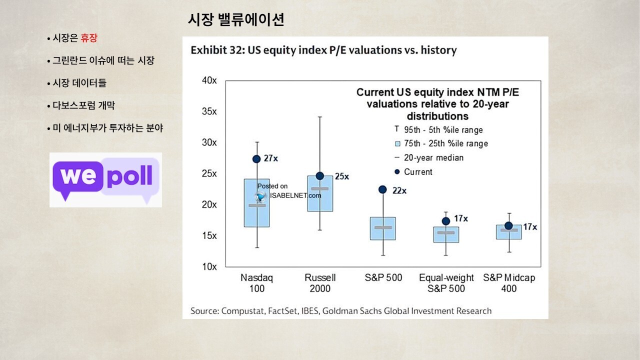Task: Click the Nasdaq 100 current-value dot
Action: tap(256, 159)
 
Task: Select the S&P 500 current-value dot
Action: tap(382, 189)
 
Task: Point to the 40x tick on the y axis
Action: tap(209, 80)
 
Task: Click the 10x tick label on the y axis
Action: tap(209, 266)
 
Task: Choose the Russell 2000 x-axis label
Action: tap(320, 283)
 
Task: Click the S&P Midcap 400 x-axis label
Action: tap(508, 283)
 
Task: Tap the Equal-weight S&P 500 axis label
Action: tap(445, 283)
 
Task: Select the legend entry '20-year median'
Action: tap(433, 157)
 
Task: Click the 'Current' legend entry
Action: tap(418, 171)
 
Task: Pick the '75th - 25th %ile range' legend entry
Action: tap(445, 143)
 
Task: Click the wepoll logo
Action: tap(106, 179)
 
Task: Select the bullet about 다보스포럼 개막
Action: tap(84, 105)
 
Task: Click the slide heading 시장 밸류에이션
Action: tap(236, 19)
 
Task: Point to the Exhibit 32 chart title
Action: tap(323, 50)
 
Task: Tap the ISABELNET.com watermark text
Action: tap(295, 195)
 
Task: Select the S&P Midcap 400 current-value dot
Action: tap(508, 226)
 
